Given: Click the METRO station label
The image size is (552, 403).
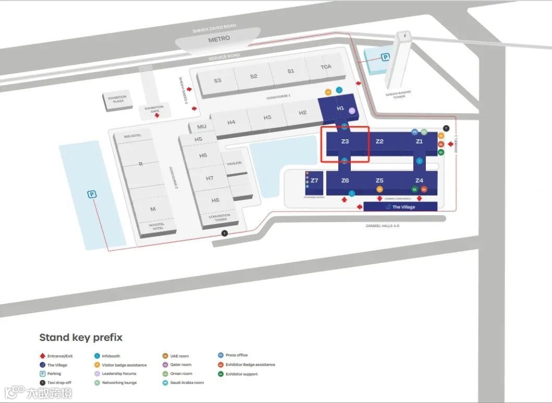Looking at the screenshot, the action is [x=219, y=39].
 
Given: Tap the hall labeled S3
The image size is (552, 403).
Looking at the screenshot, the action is [x=217, y=80].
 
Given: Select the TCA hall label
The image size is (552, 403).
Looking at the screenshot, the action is [x=326, y=67].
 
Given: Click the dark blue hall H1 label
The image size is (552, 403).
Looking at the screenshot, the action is [x=340, y=108].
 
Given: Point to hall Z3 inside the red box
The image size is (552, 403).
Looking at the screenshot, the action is [x=345, y=141].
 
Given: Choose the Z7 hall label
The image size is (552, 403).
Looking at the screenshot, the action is [x=314, y=181].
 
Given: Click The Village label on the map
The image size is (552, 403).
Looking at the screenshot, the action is [x=403, y=207].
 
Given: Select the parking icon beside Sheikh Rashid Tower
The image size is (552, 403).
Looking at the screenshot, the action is [x=385, y=57].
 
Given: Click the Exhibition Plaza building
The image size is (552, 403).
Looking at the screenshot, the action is [x=118, y=99].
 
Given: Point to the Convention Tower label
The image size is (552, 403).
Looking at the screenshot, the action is [x=219, y=217].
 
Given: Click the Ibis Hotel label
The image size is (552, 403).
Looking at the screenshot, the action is [x=132, y=136].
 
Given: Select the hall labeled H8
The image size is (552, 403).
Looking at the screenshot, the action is [x=215, y=200].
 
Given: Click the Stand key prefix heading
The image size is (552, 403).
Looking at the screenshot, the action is [x=81, y=337].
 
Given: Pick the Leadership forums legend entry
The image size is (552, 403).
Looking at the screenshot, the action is [x=119, y=374].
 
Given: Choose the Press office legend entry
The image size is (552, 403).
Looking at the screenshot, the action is [x=237, y=355].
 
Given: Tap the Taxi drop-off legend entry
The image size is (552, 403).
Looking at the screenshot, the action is [x=59, y=383].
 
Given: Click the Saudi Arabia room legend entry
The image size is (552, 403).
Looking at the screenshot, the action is [x=187, y=383].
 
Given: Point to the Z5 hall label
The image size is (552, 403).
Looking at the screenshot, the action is [x=379, y=181].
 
